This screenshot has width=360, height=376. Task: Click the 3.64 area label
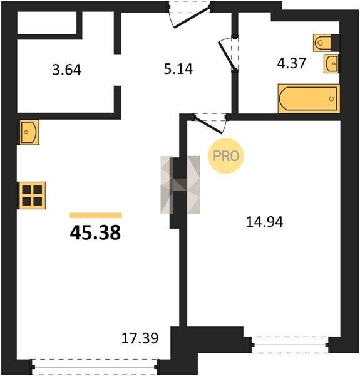pos(66,70)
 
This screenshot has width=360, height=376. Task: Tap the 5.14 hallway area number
pos(178,69)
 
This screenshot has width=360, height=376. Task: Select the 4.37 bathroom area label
pos(291,63)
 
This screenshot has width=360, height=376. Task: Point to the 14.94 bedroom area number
pos(265,222)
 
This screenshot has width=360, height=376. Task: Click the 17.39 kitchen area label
pos(140,338)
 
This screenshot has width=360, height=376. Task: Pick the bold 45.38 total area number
pos(95,233)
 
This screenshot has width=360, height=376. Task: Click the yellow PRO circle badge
pos(225,156)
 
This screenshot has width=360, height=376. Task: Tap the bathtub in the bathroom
pos(309,98)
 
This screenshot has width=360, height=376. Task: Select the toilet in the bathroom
pos(322,43)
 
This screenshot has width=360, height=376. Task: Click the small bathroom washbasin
pos(331,63)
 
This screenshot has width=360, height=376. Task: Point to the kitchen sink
pos(29,132)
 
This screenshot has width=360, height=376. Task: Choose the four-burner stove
pos(32,196)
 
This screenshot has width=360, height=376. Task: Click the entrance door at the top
pos(189,14)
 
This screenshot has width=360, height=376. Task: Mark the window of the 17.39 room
pos(95,367)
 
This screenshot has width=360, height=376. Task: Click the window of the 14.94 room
pos(291,345)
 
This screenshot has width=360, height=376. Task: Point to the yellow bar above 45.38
pos(96,216)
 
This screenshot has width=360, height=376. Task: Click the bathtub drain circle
pos(331,98)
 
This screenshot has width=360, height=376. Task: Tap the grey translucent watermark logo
pos(180,185)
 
